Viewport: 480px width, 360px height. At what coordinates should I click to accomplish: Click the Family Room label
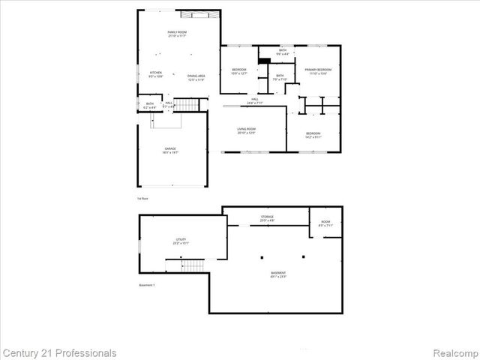coord(177,34)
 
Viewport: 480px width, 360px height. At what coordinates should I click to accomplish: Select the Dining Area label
coord(196,77)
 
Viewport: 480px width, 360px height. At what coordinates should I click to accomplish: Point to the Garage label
coord(171,151)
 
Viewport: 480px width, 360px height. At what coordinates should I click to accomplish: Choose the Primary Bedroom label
coord(316,71)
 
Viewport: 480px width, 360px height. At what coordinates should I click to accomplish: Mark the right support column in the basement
coord(302,256)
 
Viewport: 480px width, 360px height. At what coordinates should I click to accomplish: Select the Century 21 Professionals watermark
coord(60,352)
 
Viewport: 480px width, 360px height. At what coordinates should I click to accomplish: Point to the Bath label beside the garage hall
coord(150,106)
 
